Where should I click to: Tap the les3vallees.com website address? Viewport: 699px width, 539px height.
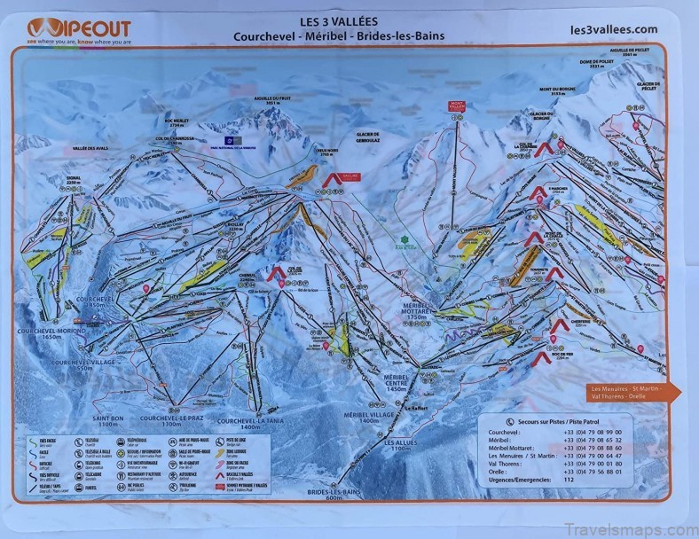(x=615, y=28)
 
